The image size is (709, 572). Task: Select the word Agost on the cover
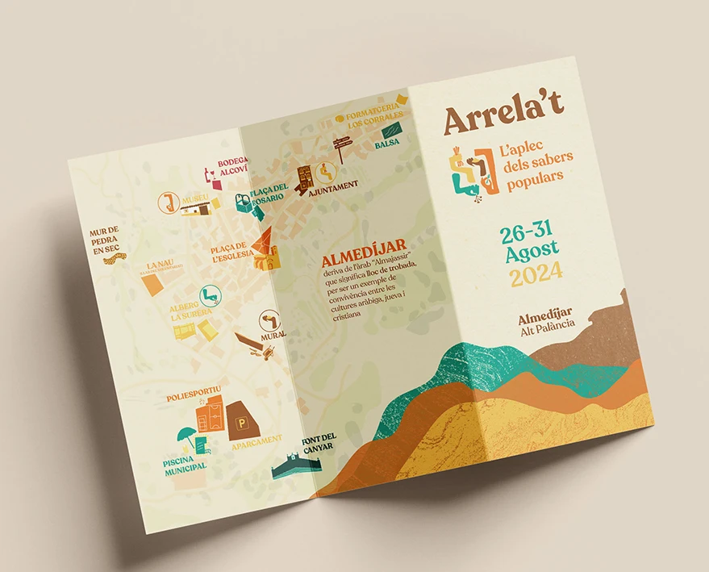(x=532, y=254)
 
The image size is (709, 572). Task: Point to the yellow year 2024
(x=536, y=276)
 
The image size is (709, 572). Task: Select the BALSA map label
(x=387, y=144)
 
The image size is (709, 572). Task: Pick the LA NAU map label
(x=160, y=265)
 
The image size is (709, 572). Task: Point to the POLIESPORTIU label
(x=193, y=397)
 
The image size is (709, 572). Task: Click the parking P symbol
(x=240, y=422)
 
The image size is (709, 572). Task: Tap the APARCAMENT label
(x=256, y=441)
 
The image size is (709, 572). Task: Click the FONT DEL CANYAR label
(x=319, y=442)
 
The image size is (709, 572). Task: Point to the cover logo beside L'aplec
(x=472, y=171)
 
